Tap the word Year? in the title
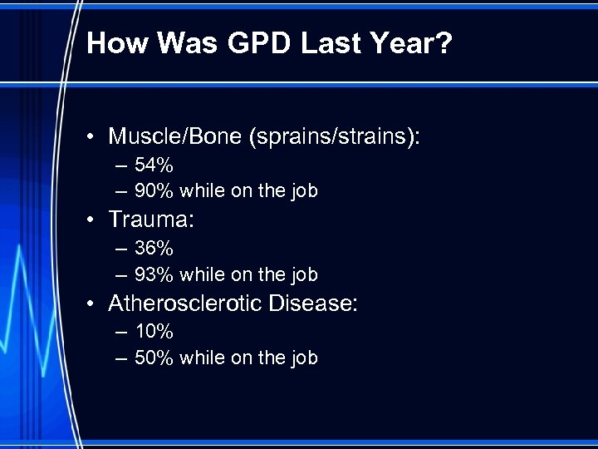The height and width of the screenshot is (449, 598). click(x=412, y=43)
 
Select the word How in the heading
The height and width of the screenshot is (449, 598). click(x=115, y=43)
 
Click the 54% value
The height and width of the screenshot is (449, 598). click(x=154, y=166)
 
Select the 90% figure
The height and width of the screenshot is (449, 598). click(x=154, y=191)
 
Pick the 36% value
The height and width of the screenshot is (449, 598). click(x=154, y=249)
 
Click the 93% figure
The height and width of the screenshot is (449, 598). click(x=154, y=274)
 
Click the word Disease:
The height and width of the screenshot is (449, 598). click(x=313, y=303)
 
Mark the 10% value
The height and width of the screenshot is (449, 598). click(x=154, y=333)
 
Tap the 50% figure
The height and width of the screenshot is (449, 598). click(x=154, y=358)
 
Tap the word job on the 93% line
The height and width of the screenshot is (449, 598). click(x=302, y=274)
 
